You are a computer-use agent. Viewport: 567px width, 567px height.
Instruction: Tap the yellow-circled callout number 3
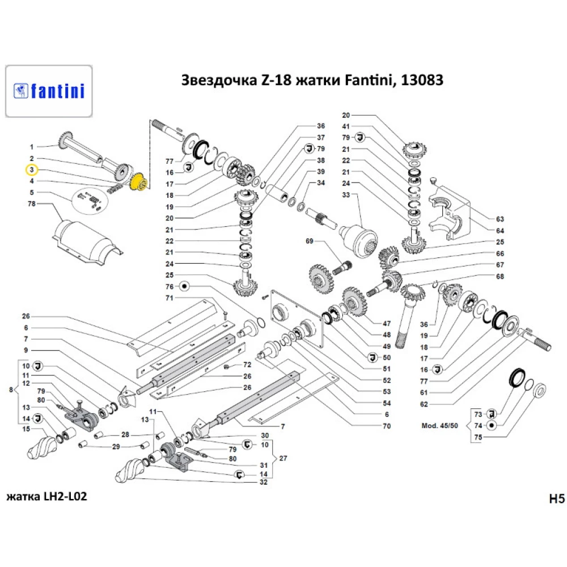coord(32,170)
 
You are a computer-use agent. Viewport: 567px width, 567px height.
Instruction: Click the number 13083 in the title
coord(422,80)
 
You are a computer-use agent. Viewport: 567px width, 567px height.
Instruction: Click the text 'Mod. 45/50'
coord(439,425)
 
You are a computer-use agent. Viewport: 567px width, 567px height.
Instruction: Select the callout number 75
coord(477,437)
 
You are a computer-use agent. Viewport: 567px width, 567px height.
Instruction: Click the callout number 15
coord(26,429)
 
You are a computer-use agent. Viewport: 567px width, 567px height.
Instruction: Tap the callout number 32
coord(263,483)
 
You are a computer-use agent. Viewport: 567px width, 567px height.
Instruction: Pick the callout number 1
coord(32,146)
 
